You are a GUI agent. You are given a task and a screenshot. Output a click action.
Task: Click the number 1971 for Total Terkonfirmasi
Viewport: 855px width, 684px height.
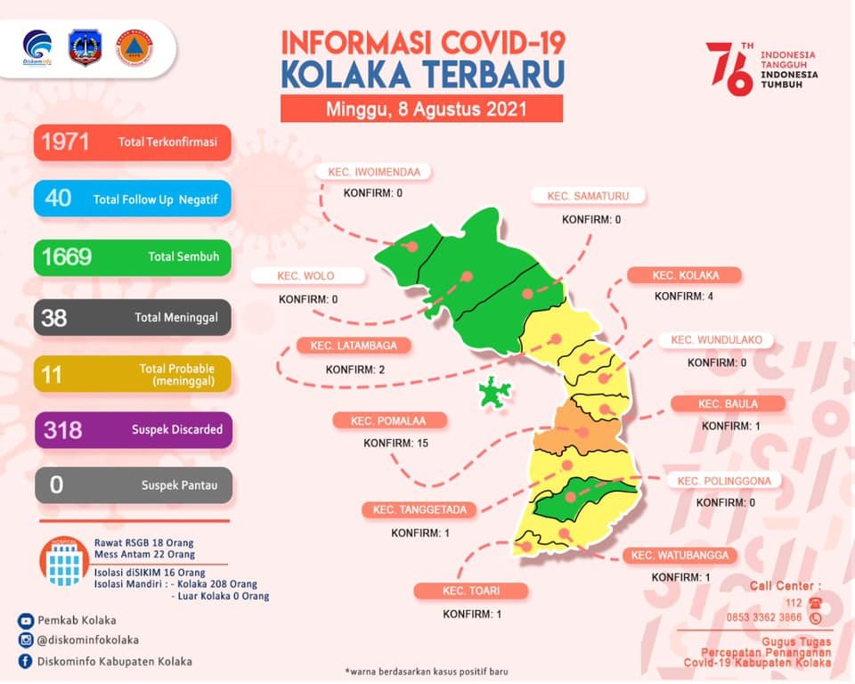click(x=65, y=142)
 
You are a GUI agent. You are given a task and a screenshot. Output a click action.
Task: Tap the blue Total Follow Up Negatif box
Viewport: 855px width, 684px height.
click(x=132, y=199)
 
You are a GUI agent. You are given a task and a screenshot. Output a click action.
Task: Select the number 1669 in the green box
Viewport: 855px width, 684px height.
click(x=67, y=257)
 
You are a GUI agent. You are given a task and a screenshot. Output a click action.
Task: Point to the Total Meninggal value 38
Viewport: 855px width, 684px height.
click(x=54, y=317)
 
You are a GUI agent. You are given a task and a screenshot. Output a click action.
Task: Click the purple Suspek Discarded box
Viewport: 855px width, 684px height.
click(x=132, y=429)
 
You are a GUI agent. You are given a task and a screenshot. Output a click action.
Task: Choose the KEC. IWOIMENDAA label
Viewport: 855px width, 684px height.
click(x=374, y=173)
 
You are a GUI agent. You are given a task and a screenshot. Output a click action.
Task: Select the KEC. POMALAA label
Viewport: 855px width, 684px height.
click(x=390, y=420)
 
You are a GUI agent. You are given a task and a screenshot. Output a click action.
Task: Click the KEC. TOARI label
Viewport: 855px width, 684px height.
click(x=471, y=590)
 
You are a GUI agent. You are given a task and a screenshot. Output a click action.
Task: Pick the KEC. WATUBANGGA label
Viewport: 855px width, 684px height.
click(x=680, y=556)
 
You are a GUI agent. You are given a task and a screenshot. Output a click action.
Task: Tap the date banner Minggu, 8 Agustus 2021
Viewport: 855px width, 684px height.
click(x=421, y=110)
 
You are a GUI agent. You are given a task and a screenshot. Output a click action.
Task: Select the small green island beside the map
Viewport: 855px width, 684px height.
click(x=494, y=392)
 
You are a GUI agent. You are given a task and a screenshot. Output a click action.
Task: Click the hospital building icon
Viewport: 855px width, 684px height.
click(x=64, y=562)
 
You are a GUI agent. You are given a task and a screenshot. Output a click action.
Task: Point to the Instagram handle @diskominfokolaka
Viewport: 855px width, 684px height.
click(x=88, y=640)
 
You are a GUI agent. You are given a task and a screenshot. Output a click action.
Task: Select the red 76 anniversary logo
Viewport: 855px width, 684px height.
click(x=729, y=68)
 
